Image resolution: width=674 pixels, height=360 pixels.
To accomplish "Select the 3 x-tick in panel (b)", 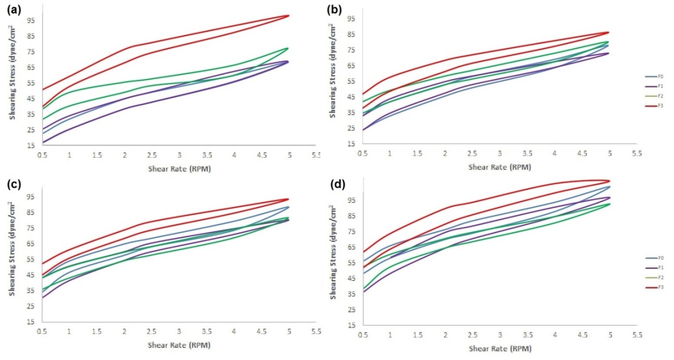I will coord(500,153).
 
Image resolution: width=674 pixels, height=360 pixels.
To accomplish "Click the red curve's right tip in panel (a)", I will coord(288,16).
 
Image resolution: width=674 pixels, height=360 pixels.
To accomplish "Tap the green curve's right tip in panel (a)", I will coord(288,48).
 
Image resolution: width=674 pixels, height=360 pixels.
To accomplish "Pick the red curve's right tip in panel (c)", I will coord(288,199).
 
